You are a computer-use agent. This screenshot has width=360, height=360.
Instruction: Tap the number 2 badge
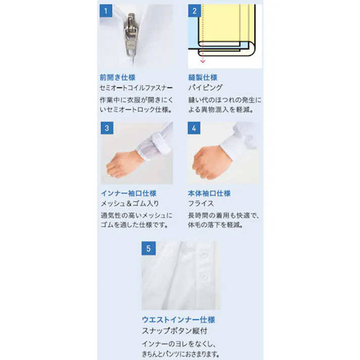(194, 11)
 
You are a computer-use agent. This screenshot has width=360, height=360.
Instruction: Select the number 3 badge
(107, 128)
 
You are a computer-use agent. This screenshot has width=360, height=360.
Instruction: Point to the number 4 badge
(194, 128)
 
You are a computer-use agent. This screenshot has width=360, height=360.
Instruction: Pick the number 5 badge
(148, 248)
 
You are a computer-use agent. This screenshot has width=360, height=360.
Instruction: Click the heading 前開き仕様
(117, 78)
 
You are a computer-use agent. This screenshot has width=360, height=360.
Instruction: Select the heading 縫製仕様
(202, 78)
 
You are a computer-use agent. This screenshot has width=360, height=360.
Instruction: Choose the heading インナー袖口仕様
(128, 193)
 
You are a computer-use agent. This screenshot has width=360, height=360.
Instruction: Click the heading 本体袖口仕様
(210, 193)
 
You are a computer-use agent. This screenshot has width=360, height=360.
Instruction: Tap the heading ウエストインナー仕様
(179, 320)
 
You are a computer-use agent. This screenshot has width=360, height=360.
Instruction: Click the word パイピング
(206, 88)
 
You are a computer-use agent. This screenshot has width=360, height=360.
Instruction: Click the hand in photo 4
(207, 159)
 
